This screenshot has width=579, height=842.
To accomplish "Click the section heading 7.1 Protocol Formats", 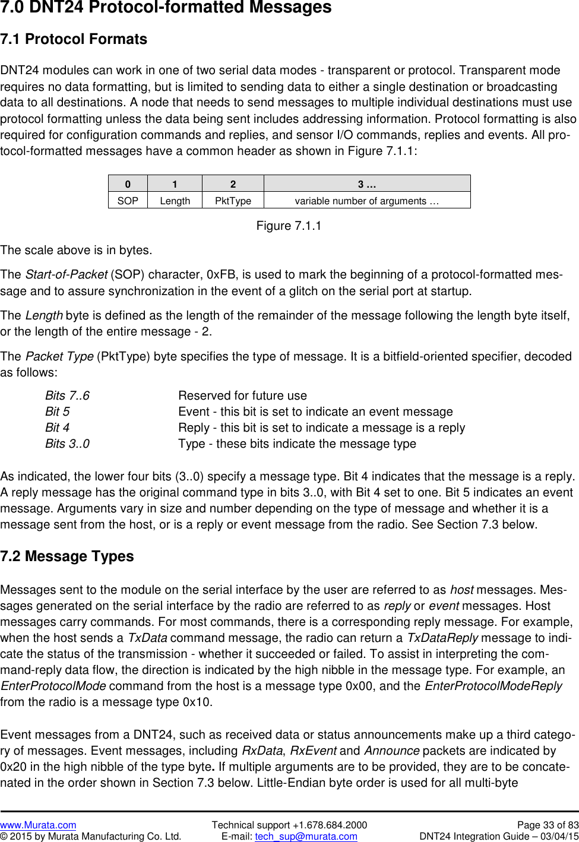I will pyautogui.click(x=74, y=39).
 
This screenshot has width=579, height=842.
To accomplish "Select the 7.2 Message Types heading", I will pyautogui.click(x=67, y=556).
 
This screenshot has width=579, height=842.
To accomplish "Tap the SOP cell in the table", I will pyautogui.click(x=128, y=201).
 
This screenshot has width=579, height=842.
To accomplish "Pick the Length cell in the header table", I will pyautogui.click(x=175, y=201).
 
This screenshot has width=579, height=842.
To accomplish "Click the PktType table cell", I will pyautogui.click(x=233, y=201).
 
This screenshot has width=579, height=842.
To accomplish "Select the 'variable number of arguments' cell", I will pyautogui.click(x=366, y=201).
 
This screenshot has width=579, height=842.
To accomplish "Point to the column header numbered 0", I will pyautogui.click(x=128, y=184).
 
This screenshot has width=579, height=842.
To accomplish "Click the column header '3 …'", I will pyautogui.click(x=366, y=184).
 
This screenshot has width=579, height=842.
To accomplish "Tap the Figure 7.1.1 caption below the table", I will pyautogui.click(x=289, y=226).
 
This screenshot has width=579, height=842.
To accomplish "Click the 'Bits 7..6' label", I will pyautogui.click(x=67, y=395).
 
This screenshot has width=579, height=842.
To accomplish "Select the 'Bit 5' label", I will pyautogui.click(x=57, y=411).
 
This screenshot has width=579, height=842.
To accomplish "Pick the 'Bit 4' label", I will pyautogui.click(x=57, y=428).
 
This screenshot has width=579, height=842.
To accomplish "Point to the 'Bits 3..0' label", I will pyautogui.click(x=67, y=444).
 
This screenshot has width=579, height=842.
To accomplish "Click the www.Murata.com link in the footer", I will pyautogui.click(x=38, y=825).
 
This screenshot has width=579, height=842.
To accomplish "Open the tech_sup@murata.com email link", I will pyautogui.click(x=306, y=836).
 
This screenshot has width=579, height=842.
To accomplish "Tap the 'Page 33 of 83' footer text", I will pyautogui.click(x=548, y=825).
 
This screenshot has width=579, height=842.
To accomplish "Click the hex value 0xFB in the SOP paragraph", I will pyautogui.click(x=221, y=274).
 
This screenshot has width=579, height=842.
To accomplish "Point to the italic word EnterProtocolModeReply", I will pyautogui.click(x=493, y=686).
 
